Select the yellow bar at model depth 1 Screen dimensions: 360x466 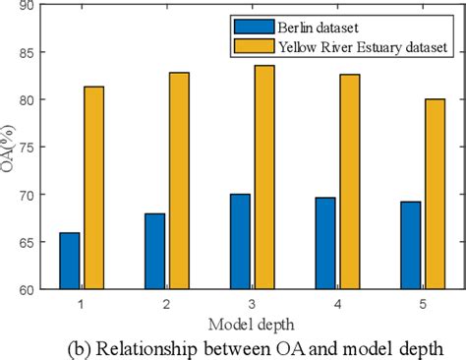(x=93, y=188)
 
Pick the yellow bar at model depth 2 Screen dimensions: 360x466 (x=179, y=181)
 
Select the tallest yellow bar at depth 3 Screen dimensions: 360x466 (x=264, y=177)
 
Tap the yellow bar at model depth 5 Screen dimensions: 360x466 (x=436, y=194)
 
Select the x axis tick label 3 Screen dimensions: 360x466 (x=253, y=304)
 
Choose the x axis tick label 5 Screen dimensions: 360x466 (x=424, y=304)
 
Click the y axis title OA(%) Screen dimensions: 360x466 (x=9, y=148)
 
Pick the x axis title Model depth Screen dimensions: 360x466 (x=252, y=324)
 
